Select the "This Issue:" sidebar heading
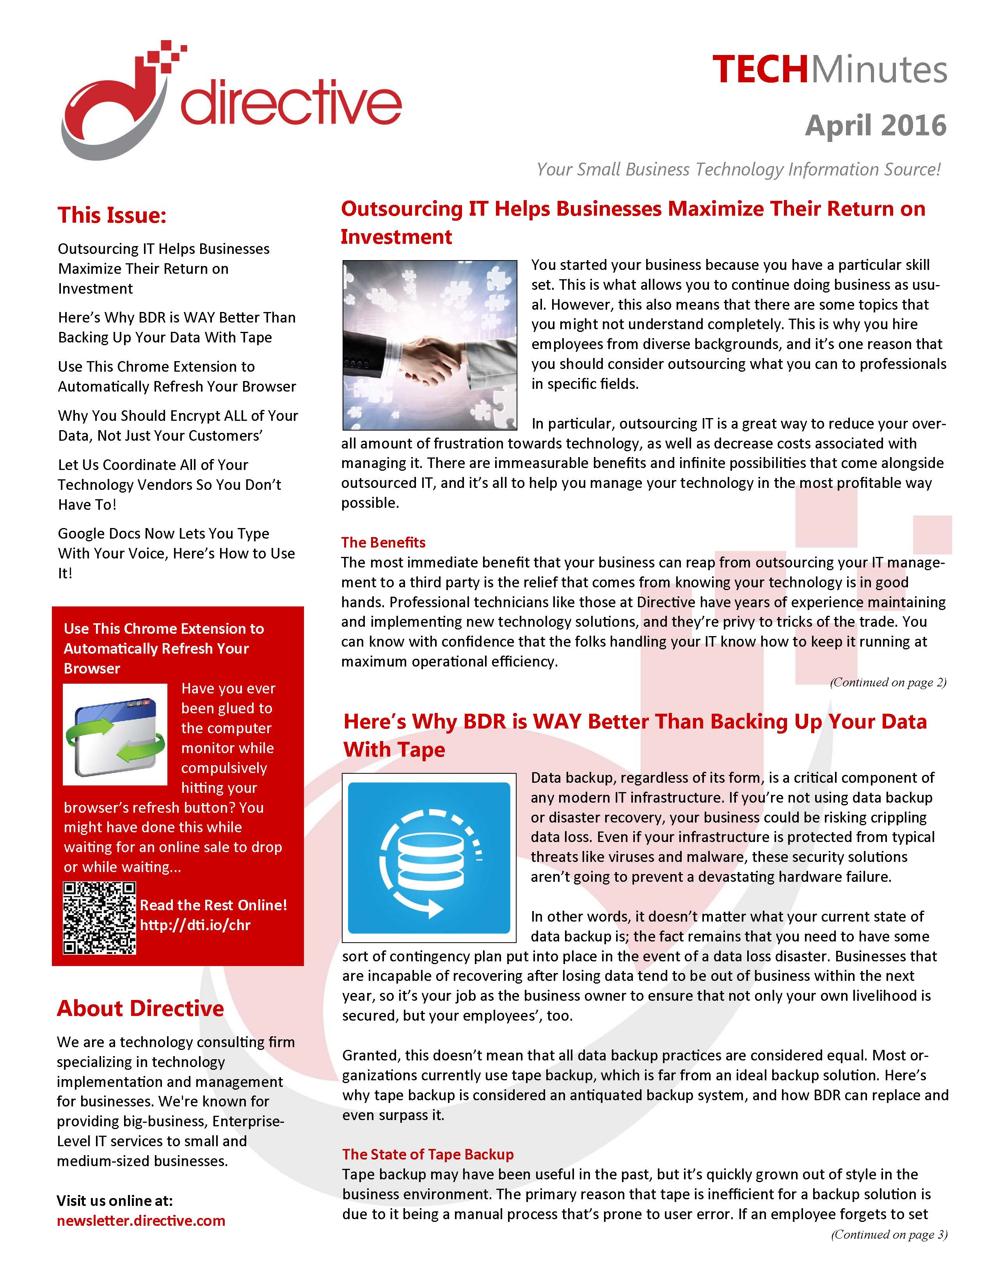tap(112, 215)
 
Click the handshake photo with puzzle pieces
tap(429, 345)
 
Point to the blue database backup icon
tap(429, 857)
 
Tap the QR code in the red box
tap(99, 918)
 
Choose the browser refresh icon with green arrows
tap(115, 734)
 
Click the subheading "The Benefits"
tap(383, 542)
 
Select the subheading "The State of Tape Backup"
tap(428, 1154)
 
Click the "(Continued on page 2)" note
tap(888, 682)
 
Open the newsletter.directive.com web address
tap(141, 1220)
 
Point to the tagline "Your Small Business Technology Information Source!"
tap(738, 170)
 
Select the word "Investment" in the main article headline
tap(396, 237)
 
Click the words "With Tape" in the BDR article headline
tap(394, 750)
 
